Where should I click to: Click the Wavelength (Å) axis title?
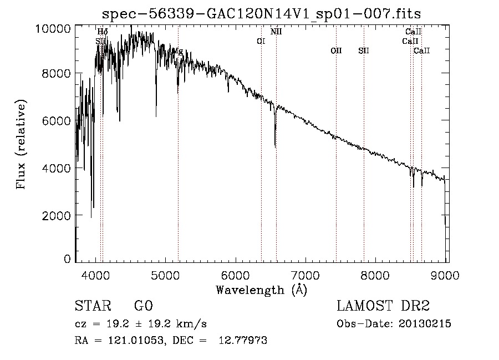coord(261,289)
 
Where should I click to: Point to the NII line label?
coord(276,32)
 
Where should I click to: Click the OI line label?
coord(261,41)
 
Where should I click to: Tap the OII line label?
coord(336,50)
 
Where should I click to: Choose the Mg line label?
coord(178,51)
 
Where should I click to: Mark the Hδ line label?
coord(102,32)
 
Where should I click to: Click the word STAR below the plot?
coord(91,306)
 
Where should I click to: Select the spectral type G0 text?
coord(142,306)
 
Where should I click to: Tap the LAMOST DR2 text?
coord(383,306)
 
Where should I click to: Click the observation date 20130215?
coord(424,324)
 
